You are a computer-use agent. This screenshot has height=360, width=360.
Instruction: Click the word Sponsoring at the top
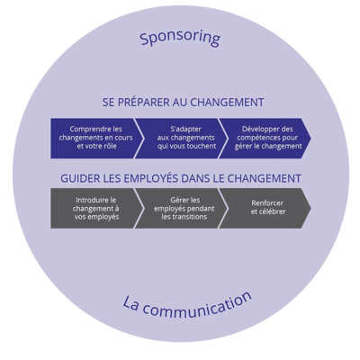(x=180, y=40)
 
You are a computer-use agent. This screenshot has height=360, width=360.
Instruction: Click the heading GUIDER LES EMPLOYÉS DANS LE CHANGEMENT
(x=180, y=178)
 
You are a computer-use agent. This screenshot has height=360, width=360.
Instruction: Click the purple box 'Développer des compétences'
(x=263, y=137)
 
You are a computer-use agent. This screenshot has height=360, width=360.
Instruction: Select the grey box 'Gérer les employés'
(x=177, y=208)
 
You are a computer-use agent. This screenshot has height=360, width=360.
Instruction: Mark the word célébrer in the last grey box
(x=265, y=214)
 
